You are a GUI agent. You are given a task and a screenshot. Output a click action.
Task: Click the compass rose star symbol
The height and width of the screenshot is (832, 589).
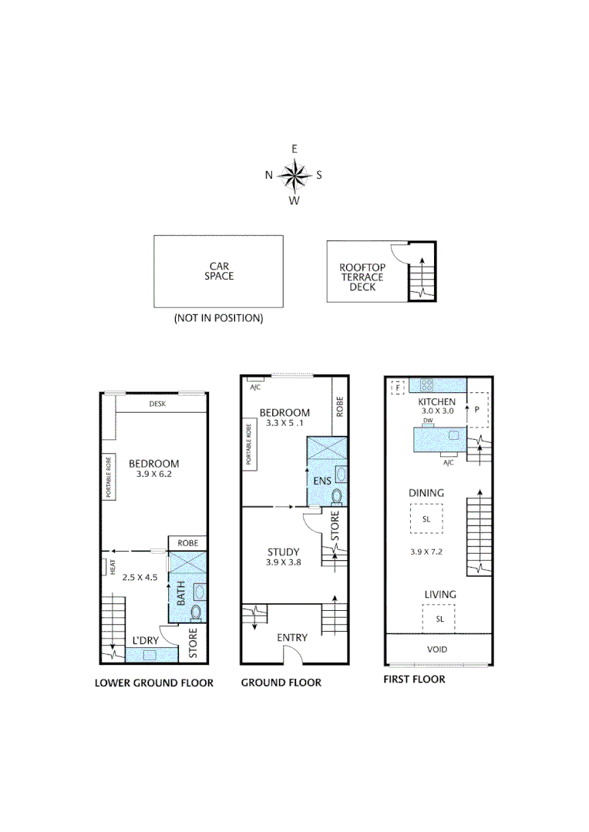point(294,175)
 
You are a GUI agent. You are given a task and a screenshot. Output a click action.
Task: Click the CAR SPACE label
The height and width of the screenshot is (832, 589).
point(219,271)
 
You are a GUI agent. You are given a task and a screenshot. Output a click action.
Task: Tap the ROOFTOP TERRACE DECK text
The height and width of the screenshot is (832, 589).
point(362,277)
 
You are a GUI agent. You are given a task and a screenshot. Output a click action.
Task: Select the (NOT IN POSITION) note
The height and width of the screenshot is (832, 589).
point(218,318)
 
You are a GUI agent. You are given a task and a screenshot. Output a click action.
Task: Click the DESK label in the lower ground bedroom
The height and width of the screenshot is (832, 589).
point(157,404)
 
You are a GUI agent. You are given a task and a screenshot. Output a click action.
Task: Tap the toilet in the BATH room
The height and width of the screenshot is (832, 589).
point(197,612)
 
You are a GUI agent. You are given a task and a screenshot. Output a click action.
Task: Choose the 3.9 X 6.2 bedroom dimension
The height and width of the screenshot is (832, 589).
point(153,475)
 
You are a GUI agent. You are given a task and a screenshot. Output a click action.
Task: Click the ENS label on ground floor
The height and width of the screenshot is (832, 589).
point(321,481)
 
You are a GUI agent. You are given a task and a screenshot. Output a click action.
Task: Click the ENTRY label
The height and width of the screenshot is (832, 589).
point(291,637)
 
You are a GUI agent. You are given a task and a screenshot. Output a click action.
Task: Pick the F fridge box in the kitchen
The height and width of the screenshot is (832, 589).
point(399,387)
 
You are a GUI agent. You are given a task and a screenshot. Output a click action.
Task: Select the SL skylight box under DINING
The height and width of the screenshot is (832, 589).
point(426,519)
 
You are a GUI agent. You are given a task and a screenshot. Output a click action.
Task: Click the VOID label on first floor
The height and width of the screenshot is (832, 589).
point(436,649)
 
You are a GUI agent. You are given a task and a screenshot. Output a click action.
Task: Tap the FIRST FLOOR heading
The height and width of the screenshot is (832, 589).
point(414,679)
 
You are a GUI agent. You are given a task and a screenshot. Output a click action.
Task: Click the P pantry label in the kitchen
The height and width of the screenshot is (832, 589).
point(477,410)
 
